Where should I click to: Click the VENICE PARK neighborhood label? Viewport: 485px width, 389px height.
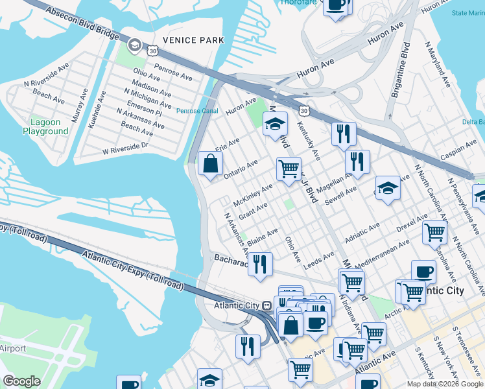(193, 40)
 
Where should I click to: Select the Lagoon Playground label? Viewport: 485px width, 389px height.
(45, 126)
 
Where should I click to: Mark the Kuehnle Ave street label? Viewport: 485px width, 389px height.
(101, 108)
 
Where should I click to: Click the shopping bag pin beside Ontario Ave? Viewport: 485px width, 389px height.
(211, 164)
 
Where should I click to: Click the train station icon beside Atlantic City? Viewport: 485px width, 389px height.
(266, 305)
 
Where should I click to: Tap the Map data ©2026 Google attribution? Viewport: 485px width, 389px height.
(445, 384)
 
